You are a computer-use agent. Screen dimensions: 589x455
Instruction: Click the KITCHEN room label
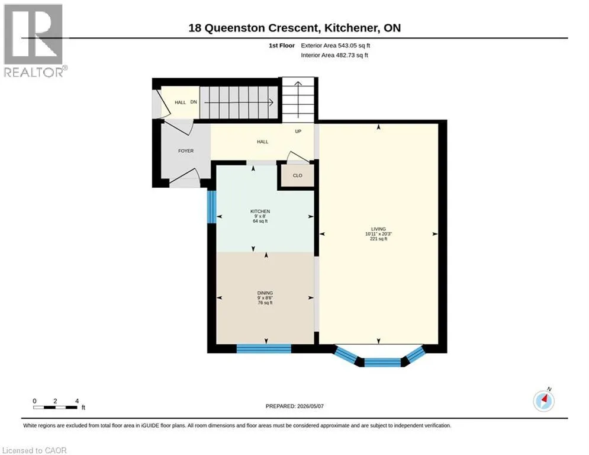click(260, 212)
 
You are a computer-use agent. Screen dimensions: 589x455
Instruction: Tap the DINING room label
click(265, 293)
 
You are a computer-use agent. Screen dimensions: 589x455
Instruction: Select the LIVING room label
click(378, 229)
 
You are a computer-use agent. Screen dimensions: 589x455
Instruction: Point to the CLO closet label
click(298, 175)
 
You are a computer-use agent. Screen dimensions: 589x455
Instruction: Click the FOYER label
click(186, 151)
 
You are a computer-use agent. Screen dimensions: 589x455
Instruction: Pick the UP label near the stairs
click(298, 132)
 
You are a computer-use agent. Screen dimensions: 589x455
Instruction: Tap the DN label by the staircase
click(194, 102)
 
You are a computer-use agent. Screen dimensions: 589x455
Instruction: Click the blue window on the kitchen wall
click(212, 207)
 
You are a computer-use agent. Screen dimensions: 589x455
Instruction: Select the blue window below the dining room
click(263, 348)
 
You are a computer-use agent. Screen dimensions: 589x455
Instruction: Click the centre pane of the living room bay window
click(382, 363)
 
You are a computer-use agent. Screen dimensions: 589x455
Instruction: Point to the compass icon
click(543, 401)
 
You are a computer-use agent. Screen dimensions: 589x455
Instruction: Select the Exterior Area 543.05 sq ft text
click(336, 46)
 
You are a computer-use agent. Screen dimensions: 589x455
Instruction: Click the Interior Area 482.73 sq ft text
click(334, 55)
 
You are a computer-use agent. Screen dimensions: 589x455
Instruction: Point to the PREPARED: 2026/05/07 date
click(295, 406)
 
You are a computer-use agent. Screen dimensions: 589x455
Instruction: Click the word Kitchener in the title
click(351, 28)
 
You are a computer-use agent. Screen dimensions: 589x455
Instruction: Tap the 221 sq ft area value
click(378, 239)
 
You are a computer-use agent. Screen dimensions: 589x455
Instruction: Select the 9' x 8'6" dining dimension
click(265, 298)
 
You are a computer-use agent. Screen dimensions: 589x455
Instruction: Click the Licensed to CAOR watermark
click(34, 450)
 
